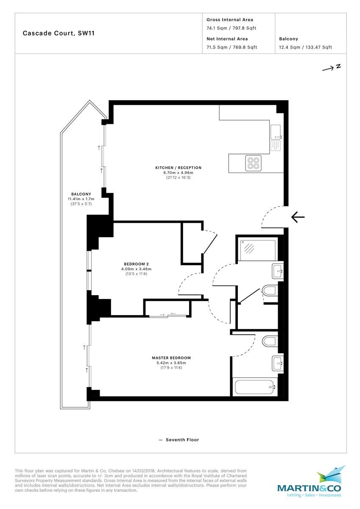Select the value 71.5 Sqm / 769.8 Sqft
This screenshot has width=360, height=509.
232,48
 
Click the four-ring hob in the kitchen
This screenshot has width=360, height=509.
254,163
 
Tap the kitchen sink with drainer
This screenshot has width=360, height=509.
276,139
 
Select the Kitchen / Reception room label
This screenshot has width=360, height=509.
178,168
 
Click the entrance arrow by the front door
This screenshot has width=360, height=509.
298,217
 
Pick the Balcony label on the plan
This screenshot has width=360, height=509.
81,194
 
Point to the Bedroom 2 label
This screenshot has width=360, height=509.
136,264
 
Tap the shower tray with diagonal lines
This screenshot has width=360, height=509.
257,249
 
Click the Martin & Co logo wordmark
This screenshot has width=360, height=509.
309,489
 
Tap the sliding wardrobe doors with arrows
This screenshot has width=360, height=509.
167,315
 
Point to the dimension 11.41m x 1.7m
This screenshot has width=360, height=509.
81,199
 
